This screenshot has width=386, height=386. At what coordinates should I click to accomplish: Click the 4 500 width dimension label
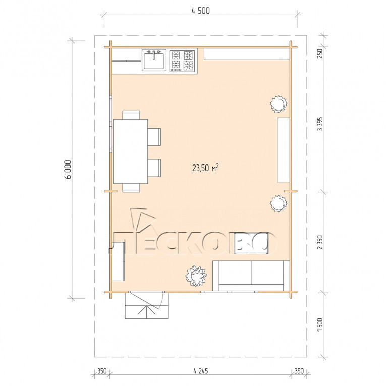tap(201, 11)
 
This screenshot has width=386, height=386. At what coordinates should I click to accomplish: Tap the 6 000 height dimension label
tap(68, 170)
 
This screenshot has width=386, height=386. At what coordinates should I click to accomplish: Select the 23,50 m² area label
tap(205, 168)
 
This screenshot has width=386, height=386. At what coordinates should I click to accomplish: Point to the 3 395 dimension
tap(319, 124)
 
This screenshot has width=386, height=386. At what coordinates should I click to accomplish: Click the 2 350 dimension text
tap(319, 242)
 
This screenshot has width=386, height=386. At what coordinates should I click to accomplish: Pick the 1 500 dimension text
tap(319, 325)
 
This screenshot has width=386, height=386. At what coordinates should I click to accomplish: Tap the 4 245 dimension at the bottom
tap(201, 371)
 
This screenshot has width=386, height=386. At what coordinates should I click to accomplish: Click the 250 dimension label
tap(319, 53)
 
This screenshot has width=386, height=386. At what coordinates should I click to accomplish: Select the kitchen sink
tap(154, 60)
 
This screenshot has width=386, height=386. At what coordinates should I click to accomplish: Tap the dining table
tap(131, 151)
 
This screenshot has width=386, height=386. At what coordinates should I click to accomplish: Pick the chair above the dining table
tap(131, 115)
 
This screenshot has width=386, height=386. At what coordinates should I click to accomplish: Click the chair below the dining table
tap(131, 188)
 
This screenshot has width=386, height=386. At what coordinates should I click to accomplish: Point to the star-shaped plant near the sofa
tap(196, 275)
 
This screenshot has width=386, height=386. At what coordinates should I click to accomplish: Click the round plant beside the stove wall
tap(279, 104)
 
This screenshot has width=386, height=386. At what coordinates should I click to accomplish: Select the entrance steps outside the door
tap(147, 305)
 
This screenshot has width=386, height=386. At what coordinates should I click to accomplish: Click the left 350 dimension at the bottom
tap(102, 371)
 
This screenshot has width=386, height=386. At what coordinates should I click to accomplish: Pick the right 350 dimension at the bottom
tap(299, 371)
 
